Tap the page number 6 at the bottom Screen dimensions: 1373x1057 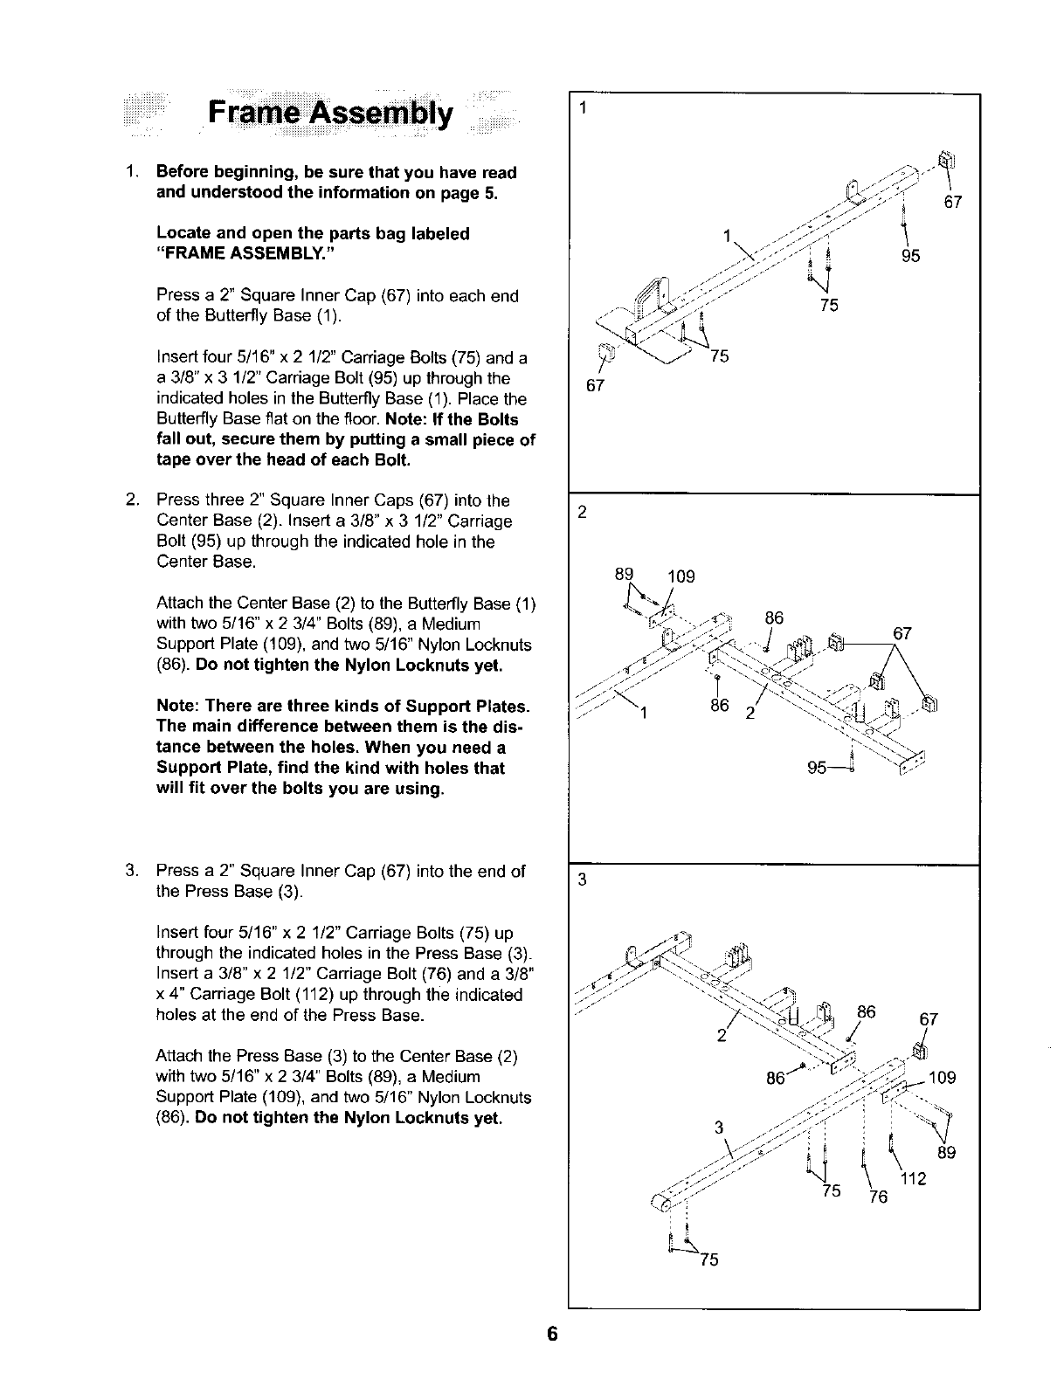click(x=552, y=1334)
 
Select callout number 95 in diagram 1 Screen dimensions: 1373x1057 click(x=910, y=256)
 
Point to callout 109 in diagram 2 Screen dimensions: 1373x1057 click(x=681, y=576)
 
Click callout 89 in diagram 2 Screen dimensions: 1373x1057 click(x=624, y=574)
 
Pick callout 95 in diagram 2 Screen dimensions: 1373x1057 click(x=819, y=769)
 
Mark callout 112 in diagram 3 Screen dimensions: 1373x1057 click(x=912, y=1179)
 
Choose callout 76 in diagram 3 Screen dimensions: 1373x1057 click(x=878, y=1197)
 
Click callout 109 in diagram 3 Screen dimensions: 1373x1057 click(x=943, y=1078)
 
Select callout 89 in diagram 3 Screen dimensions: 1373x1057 click(x=947, y=1152)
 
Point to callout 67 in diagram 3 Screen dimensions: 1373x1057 click(x=929, y=1019)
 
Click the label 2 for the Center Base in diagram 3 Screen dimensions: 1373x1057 click(x=722, y=1037)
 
